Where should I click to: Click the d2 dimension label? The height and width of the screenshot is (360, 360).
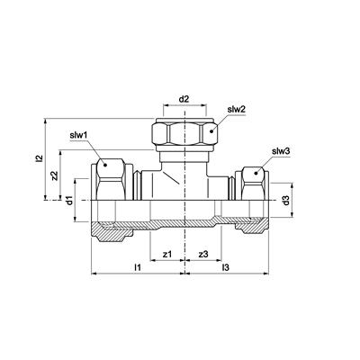pyautogui.click(x=184, y=99)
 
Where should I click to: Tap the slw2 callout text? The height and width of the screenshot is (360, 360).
pyautogui.click(x=237, y=110)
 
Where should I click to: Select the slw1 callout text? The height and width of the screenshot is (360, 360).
pyautogui.click(x=78, y=135)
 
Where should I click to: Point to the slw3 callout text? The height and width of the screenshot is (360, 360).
pyautogui.click(x=281, y=151)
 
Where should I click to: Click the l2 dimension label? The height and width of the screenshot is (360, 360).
pyautogui.click(x=39, y=158)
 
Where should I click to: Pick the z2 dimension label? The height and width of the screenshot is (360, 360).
pyautogui.click(x=54, y=175)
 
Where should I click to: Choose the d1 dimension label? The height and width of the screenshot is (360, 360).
pyautogui.click(x=69, y=200)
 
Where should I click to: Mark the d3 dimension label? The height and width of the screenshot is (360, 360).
pyautogui.click(x=286, y=200)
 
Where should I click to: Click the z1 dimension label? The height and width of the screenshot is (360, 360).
pyautogui.click(x=167, y=254)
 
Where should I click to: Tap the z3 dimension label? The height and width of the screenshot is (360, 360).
pyautogui.click(x=203, y=254)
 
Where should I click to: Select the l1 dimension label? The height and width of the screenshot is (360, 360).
pyautogui.click(x=138, y=267)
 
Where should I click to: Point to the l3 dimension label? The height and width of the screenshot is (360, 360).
pyautogui.click(x=225, y=267)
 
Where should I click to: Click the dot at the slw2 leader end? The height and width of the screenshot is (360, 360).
pyautogui.click(x=211, y=131)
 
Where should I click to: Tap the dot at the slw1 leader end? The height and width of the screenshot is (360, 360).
pyautogui.click(x=105, y=165)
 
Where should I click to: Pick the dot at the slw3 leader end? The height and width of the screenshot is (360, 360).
pyautogui.click(x=256, y=173)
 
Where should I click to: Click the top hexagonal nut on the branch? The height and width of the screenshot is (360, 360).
pyautogui.click(x=184, y=132)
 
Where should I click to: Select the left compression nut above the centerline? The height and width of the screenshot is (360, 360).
pyautogui.click(x=112, y=179)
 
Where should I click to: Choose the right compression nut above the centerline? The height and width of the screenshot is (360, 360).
pyautogui.click(x=252, y=184)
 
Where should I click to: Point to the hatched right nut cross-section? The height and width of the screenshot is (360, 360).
pyautogui.click(x=253, y=228)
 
